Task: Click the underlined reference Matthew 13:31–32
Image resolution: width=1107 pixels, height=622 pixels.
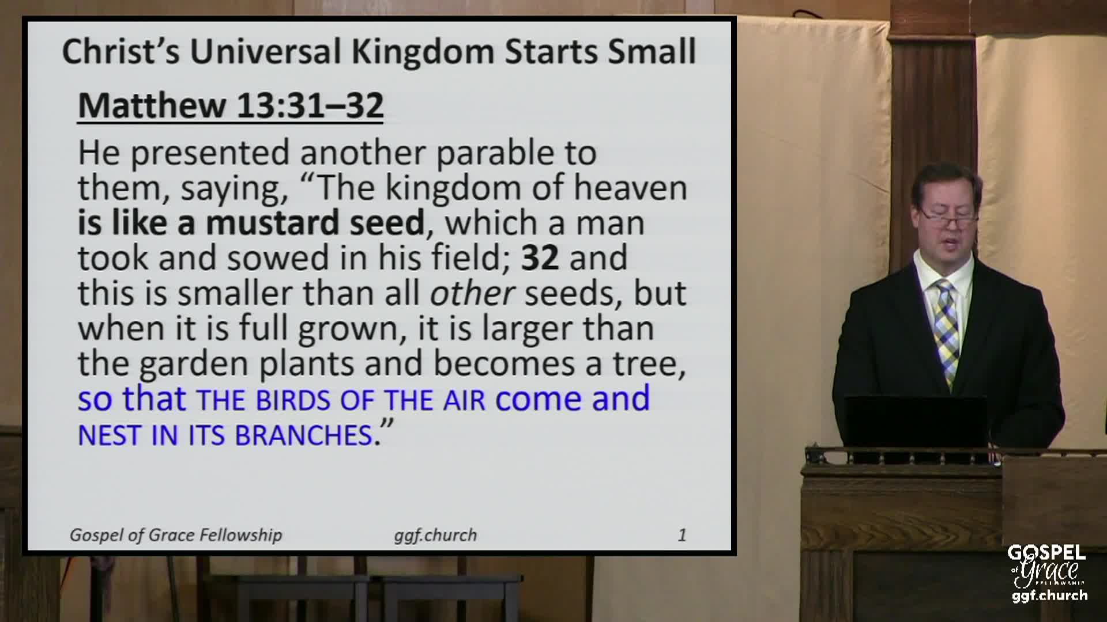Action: coord(231,105)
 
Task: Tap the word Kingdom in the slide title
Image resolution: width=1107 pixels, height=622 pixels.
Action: coord(423,51)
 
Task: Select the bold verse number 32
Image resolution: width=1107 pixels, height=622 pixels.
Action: coord(540,257)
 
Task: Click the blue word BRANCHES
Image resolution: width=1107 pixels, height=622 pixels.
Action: coord(303,435)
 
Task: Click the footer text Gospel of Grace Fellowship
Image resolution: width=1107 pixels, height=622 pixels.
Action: coord(176,535)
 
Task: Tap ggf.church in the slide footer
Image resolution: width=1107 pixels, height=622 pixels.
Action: coord(435,536)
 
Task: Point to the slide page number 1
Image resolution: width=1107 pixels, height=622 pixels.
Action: coord(682,535)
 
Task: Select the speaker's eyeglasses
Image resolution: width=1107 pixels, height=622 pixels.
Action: coord(948,218)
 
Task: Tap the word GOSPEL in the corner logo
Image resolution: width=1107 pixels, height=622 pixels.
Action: coord(1046,553)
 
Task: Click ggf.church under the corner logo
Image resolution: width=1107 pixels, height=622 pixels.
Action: coord(1049,595)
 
